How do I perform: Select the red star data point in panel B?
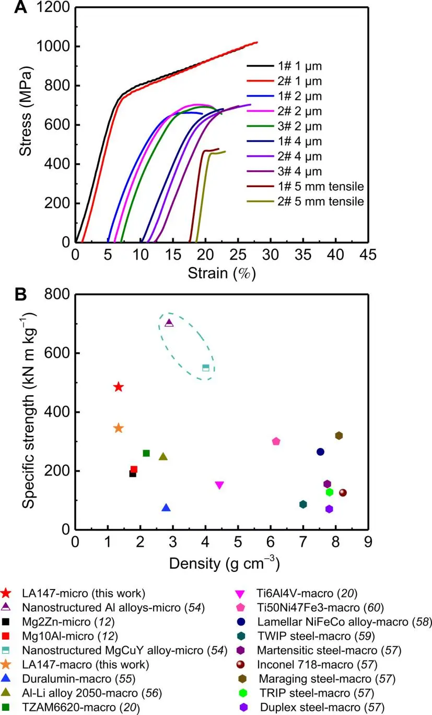(x=119, y=387)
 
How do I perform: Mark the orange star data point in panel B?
(x=119, y=428)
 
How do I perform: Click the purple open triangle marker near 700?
(x=169, y=323)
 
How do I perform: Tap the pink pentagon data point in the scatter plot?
(x=276, y=441)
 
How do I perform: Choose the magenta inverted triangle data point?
(x=219, y=485)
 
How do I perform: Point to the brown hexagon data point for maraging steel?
(x=339, y=435)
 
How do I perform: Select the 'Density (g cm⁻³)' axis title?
(x=221, y=563)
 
